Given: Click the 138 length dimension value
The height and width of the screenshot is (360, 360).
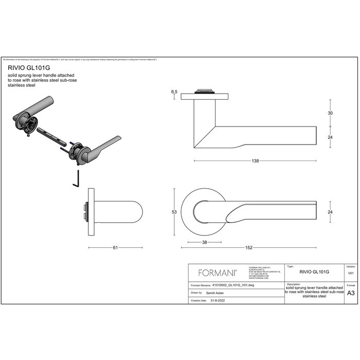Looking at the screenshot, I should pos(255,161).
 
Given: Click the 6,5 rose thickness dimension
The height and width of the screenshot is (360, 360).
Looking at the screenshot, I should pos(174,92).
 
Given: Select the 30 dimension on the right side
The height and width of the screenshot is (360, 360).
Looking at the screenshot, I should pos(331,113).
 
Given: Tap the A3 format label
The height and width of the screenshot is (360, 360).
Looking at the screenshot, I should pos(351,293).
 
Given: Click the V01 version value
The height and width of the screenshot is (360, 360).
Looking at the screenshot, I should pos(351,274).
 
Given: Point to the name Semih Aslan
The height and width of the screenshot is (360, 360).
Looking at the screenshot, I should pos(214,292).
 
